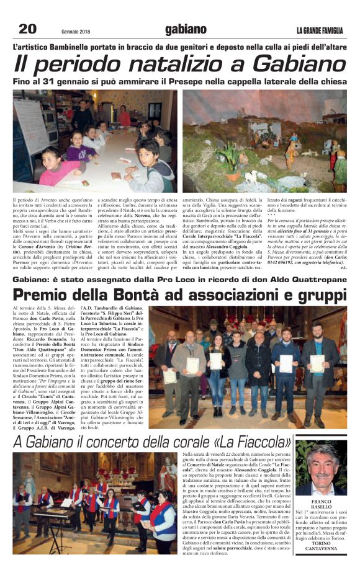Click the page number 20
point(27,29)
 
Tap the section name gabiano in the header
point(186,29)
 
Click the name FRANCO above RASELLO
point(321,500)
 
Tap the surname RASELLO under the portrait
point(321,506)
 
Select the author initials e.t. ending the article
point(342,267)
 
